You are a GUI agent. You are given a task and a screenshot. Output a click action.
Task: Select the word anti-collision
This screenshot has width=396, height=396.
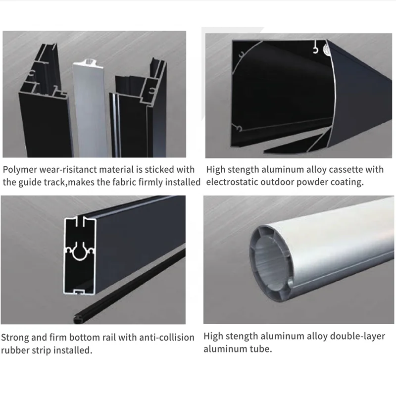click(x=166, y=338)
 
